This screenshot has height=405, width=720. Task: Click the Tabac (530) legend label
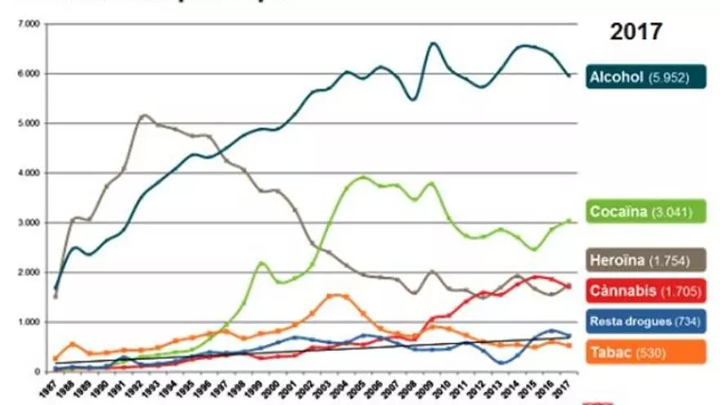(x=626, y=353)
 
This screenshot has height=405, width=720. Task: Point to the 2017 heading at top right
(x=636, y=33)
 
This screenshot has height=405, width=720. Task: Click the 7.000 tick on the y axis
(x=28, y=25)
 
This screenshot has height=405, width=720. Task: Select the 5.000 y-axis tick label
(x=28, y=124)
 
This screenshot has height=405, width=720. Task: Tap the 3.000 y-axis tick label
(x=28, y=223)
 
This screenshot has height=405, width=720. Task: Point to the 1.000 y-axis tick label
(x=28, y=322)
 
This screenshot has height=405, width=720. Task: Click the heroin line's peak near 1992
(x=144, y=115)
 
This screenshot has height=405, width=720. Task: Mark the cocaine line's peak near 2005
(x=364, y=176)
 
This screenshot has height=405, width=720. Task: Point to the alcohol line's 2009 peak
(x=433, y=43)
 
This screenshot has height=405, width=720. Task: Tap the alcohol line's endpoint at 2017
(x=569, y=75)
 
